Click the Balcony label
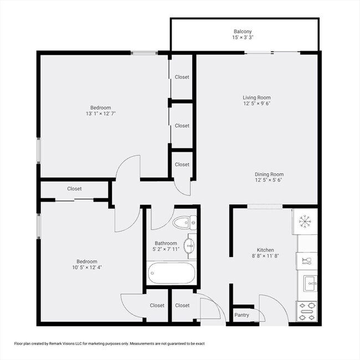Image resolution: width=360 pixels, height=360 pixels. pos(242,32)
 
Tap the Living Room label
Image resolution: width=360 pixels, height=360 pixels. pos(256,97)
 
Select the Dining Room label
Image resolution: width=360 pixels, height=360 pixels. pos(269,174)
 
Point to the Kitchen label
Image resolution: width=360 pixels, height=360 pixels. pos(265,250)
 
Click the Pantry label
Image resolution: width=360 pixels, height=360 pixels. pos(242,315)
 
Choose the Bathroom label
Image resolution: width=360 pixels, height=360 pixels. pos(166,243)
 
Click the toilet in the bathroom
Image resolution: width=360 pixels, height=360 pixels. pos(184,223)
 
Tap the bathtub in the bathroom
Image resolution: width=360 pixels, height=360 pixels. pos(172,272)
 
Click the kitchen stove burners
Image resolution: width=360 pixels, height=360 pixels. pos(306,312)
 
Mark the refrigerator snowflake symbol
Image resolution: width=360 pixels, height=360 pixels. pos(305,221)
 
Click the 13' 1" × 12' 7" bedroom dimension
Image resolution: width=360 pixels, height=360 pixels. pos(101,114)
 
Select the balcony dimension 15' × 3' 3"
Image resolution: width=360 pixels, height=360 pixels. pos(242,38)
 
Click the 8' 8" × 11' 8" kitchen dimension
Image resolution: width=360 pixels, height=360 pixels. pos(265,256)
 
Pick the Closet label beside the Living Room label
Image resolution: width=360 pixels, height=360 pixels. pos(182,126)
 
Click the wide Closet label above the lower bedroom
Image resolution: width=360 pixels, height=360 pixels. pos(75,188)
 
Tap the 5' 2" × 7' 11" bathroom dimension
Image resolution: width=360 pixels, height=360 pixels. pos(166,250)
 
